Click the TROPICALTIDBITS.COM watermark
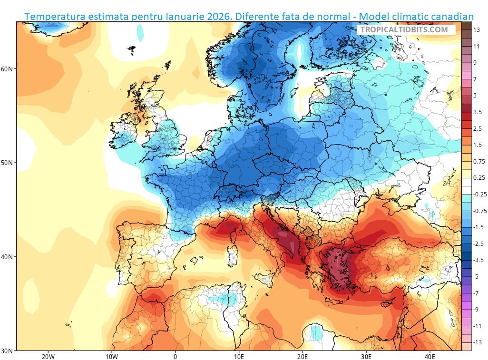tap(404, 29)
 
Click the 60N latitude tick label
tap(7, 68)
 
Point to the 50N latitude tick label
tap(7, 163)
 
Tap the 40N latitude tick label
tap(7, 257)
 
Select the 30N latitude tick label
tap(7, 350)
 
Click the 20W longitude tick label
tap(48, 356)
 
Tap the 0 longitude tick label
tap(175, 356)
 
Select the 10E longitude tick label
tap(239, 356)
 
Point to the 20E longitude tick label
tap(303, 356)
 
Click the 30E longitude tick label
tap(366, 356)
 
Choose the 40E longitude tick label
tap(429, 356)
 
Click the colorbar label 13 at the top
tap(476, 29)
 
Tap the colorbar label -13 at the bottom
tap(477, 342)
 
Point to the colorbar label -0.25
tap(479, 194)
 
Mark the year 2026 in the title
tap(222, 17)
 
